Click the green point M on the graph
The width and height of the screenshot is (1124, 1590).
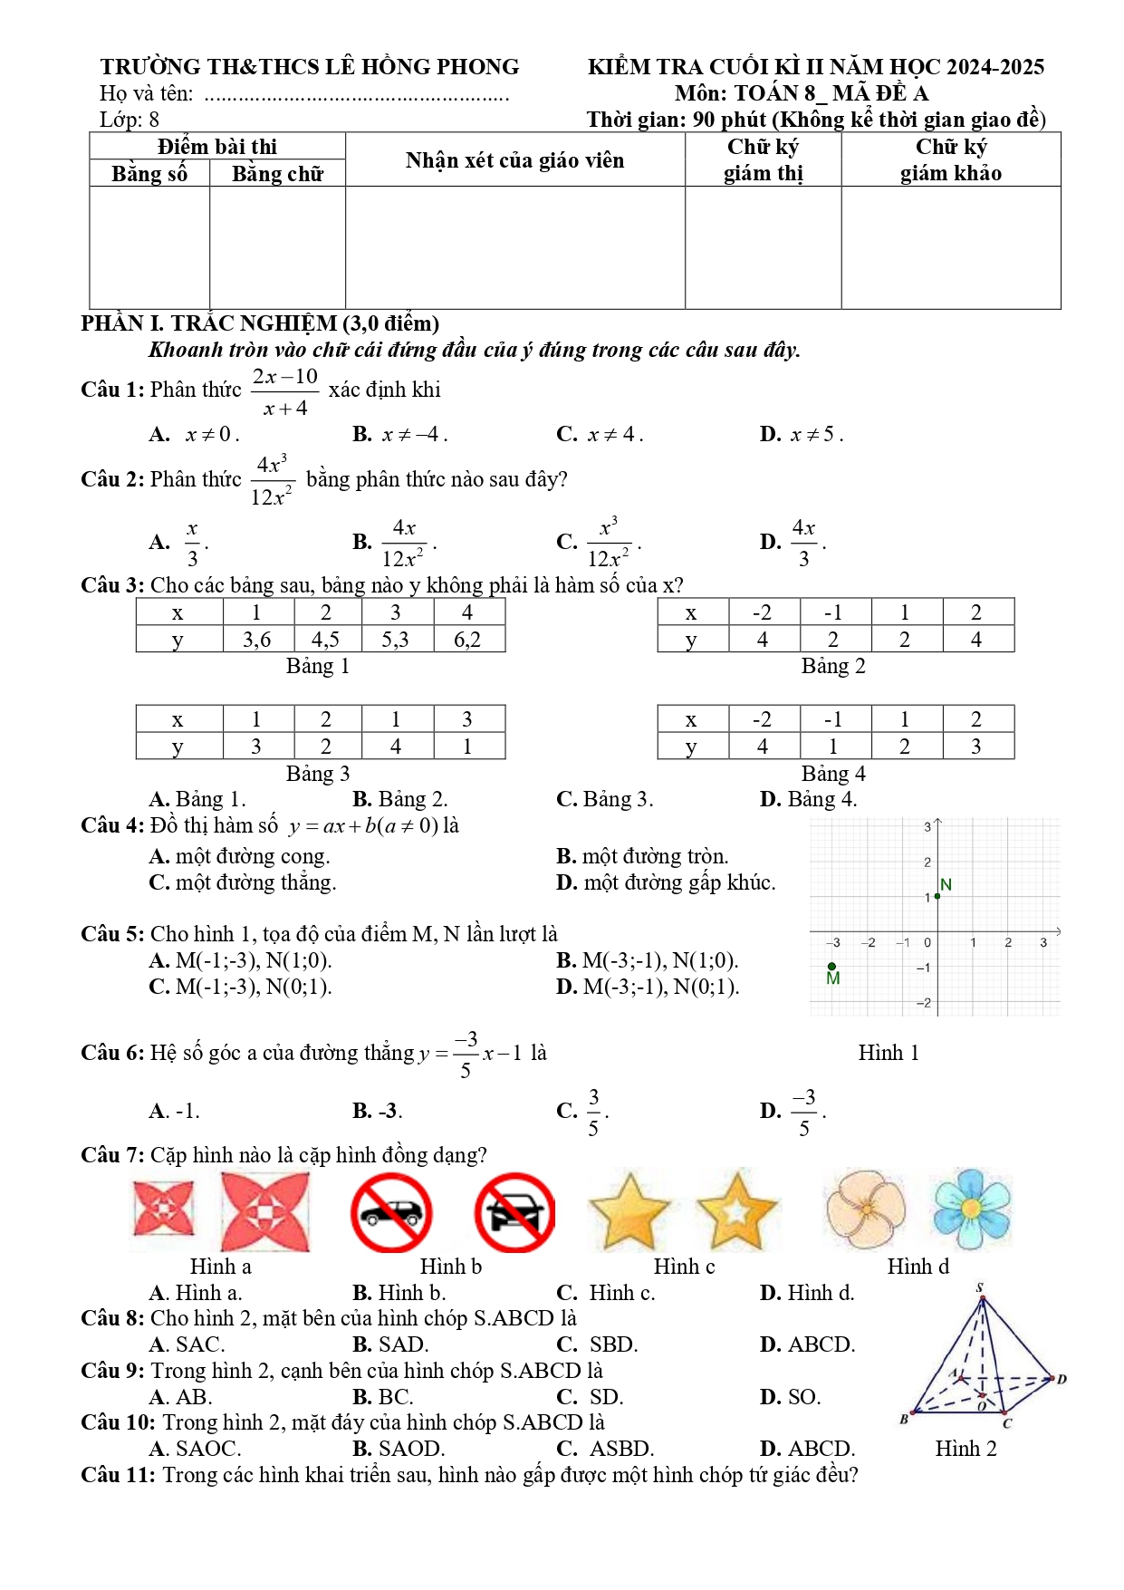tap(831, 967)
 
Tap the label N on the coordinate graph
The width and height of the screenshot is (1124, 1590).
tap(946, 884)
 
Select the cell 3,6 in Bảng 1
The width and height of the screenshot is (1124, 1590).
tap(257, 640)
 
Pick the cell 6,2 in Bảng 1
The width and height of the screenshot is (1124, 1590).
tap(467, 640)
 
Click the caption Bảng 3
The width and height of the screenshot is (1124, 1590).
tap(317, 773)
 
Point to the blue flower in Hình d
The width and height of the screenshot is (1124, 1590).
tap(972, 1209)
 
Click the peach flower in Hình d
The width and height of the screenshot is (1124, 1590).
tap(865, 1209)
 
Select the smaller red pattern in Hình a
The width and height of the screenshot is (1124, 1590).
tap(163, 1209)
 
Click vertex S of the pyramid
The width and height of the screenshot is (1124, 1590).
tap(981, 1288)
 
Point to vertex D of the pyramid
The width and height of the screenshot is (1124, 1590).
tap(1062, 1379)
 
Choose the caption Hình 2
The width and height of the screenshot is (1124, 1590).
tap(965, 1449)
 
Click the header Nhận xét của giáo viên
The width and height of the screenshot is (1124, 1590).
tap(514, 160)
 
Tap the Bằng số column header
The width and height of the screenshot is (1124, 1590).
tap(149, 173)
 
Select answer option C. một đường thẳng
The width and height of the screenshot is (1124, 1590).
tap(243, 882)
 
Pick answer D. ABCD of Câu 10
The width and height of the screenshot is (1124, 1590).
tap(807, 1449)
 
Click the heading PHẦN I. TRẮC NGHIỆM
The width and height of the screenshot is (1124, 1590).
tap(260, 323)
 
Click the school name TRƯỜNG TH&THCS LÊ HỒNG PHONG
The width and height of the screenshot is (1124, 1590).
tap(310, 67)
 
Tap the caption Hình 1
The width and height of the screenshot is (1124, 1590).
tap(888, 1053)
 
